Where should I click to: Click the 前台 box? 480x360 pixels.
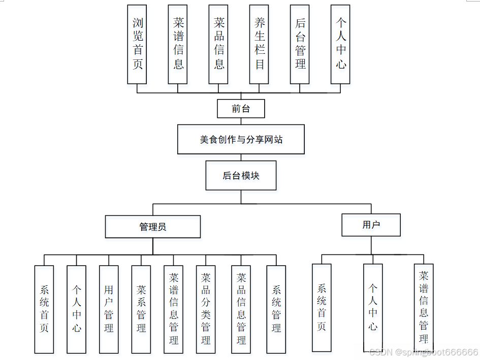click(x=241, y=108)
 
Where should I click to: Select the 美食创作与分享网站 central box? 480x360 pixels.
click(x=241, y=139)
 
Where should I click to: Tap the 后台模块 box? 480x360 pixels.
click(x=241, y=176)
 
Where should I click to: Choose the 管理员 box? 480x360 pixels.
click(x=152, y=226)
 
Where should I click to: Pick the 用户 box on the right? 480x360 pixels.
click(x=371, y=225)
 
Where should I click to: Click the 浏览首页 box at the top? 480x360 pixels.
click(x=137, y=44)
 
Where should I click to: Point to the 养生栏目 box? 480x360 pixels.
click(x=260, y=44)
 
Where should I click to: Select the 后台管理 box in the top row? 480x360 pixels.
click(x=300, y=44)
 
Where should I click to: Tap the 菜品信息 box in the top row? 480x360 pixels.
click(x=219, y=44)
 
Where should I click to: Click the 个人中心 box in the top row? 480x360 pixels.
click(x=340, y=44)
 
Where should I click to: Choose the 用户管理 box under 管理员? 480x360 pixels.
click(x=109, y=309)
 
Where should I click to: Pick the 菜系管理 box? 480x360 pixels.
click(x=141, y=309)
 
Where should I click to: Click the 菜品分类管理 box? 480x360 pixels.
click(x=206, y=309)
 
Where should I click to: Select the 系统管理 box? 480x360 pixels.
click(x=276, y=309)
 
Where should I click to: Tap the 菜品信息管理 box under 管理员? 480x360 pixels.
click(x=241, y=309)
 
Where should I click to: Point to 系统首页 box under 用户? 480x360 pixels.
click(x=322, y=307)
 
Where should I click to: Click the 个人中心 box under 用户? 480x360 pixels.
click(x=373, y=307)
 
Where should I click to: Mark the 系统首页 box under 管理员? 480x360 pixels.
click(x=44, y=309)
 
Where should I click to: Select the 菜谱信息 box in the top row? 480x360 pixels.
click(x=178, y=44)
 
